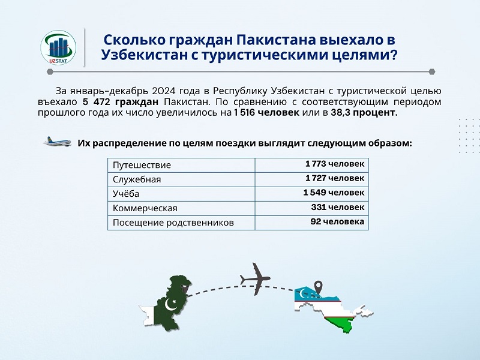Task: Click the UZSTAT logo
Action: pyautogui.click(x=58, y=47)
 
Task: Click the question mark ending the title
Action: pyautogui.click(x=393, y=55)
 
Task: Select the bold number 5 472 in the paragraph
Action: pyautogui.click(x=96, y=101)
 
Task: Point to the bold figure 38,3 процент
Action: pyautogui.click(x=364, y=113)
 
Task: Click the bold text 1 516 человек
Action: pyautogui.click(x=266, y=113)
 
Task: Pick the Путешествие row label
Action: pyautogui.click(x=142, y=165)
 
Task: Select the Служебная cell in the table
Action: pyautogui.click(x=137, y=179)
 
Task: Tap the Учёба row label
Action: pyautogui.click(x=126, y=193)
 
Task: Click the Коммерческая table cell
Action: pyautogui.click(x=145, y=208)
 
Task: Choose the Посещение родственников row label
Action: pyautogui.click(x=173, y=223)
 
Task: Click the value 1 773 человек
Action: pyautogui.click(x=335, y=164)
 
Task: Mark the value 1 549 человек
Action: pyautogui.click(x=334, y=193)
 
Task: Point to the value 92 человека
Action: pyautogui.click(x=337, y=221)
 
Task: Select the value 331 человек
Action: pyautogui.click(x=338, y=207)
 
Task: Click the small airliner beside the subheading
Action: pyautogui.click(x=58, y=142)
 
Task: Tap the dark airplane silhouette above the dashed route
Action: pyautogui.click(x=255, y=278)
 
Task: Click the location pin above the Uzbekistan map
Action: pyautogui.click(x=319, y=288)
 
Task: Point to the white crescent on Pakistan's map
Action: pyautogui.click(x=170, y=305)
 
